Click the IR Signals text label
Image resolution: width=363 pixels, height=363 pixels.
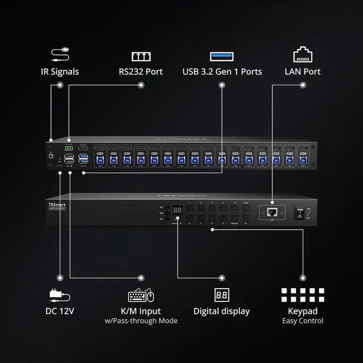60,72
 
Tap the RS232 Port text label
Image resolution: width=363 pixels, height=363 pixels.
141,72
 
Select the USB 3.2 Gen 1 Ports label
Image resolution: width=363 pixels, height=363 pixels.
222,72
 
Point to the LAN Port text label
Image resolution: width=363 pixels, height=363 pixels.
302,72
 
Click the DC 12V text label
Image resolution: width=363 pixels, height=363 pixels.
60,311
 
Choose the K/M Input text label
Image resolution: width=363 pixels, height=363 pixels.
141,311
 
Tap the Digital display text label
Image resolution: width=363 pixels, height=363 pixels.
221,311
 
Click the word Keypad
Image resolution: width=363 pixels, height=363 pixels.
303,311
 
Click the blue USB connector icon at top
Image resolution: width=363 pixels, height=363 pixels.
222,56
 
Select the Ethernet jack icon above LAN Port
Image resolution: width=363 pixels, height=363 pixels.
302,54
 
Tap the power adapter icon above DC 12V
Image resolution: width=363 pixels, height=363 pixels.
60,295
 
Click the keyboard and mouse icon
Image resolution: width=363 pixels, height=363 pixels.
141,295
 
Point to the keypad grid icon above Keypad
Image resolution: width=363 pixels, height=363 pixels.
303,294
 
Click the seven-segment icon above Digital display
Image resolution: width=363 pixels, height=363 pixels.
221,295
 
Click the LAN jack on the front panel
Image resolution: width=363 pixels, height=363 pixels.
272,212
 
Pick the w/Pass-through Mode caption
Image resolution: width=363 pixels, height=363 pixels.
141,321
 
